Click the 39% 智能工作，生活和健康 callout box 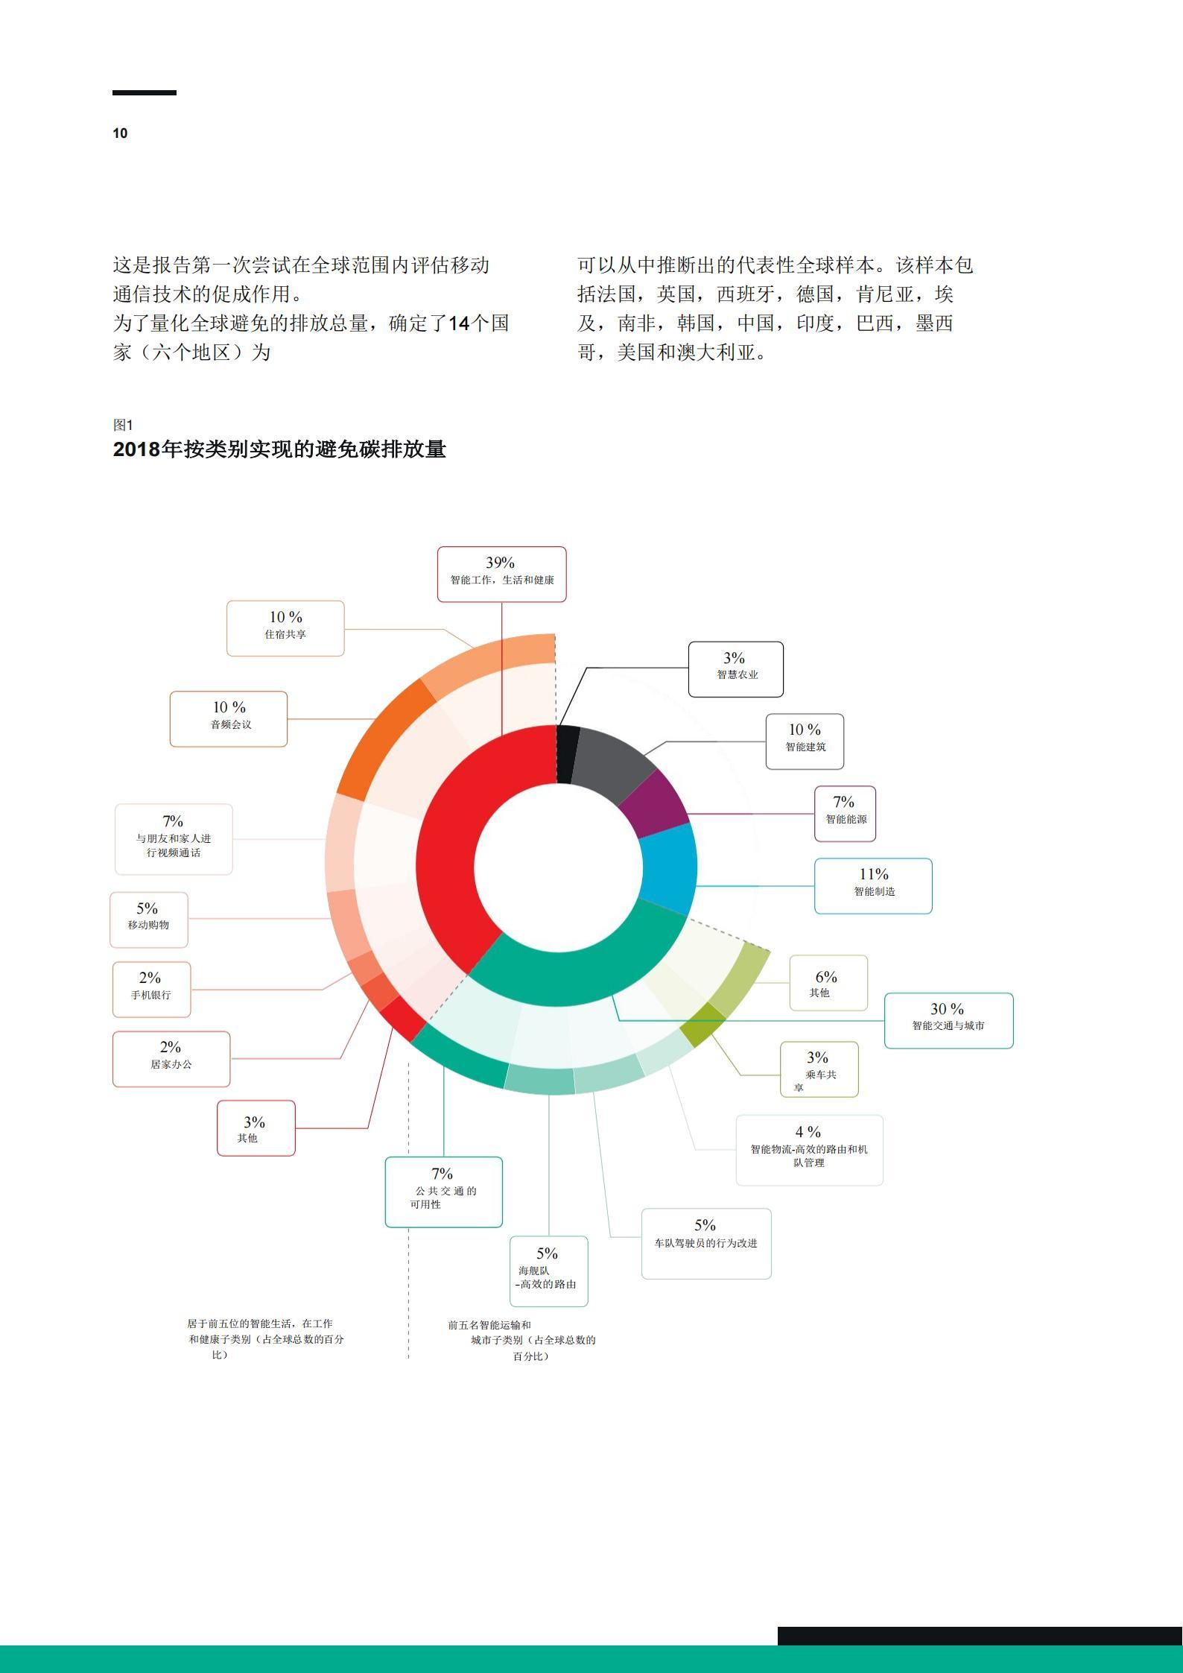pyautogui.click(x=501, y=574)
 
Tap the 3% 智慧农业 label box pyautogui.click(x=735, y=668)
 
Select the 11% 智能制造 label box pyautogui.click(x=872, y=885)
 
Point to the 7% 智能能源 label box pyautogui.click(x=845, y=813)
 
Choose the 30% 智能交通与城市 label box pyautogui.click(x=948, y=1020)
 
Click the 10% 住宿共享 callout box pyautogui.click(x=285, y=628)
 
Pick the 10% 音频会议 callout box pyautogui.click(x=229, y=718)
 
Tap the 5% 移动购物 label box pyautogui.click(x=149, y=920)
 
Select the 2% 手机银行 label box pyautogui.click(x=151, y=989)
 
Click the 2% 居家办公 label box pyautogui.click(x=171, y=1058)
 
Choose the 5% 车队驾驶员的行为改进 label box pyautogui.click(x=705, y=1243)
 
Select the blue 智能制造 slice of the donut pyautogui.click(x=669, y=868)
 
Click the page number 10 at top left pyautogui.click(x=120, y=133)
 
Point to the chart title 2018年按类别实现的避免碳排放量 pyautogui.click(x=279, y=449)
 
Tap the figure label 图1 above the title pyautogui.click(x=123, y=425)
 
